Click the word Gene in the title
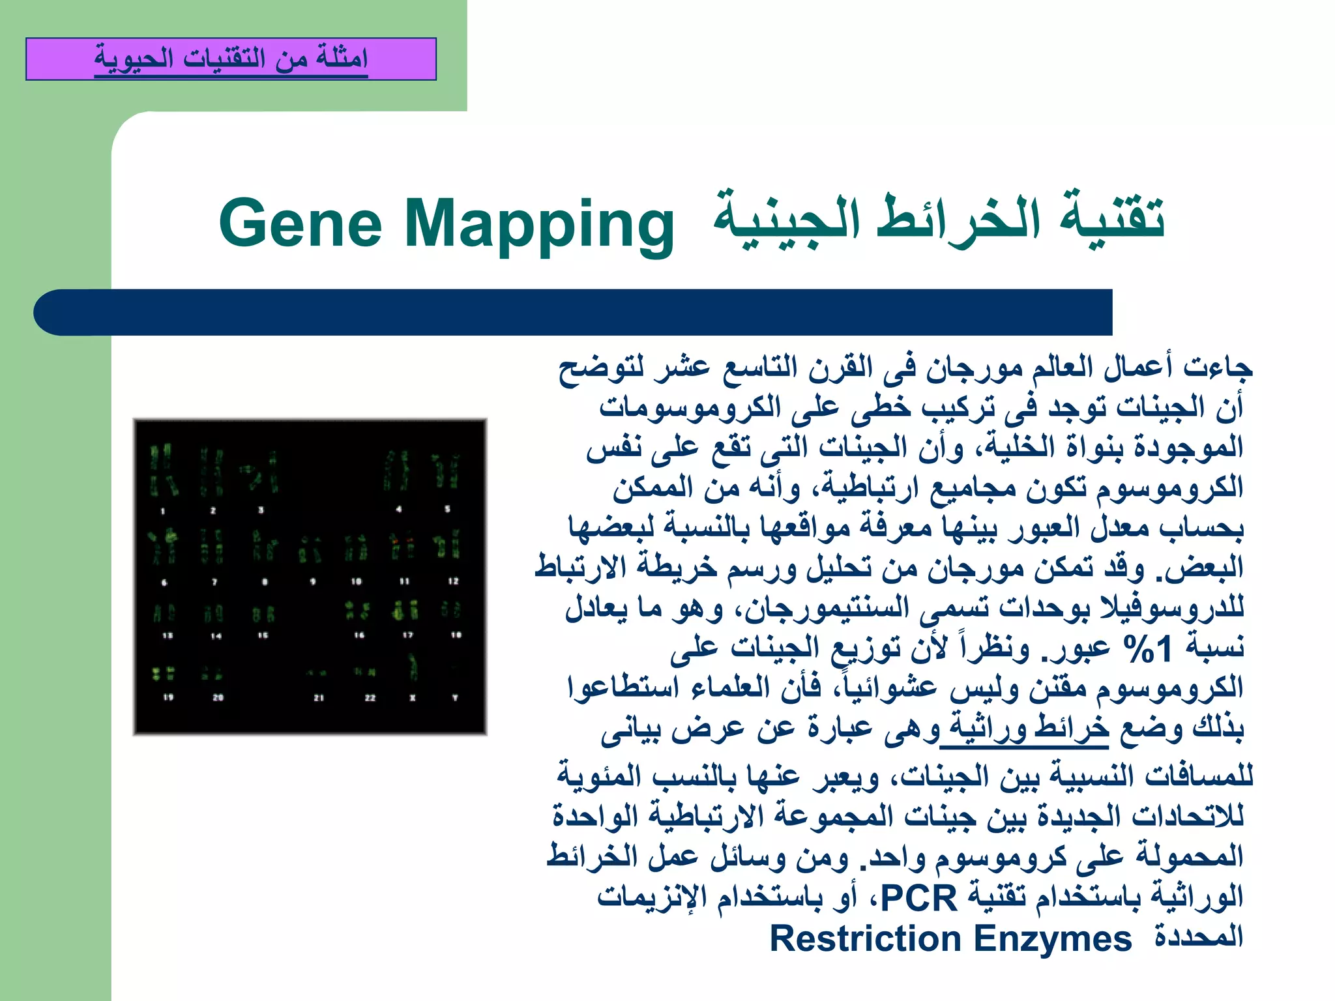point(300,224)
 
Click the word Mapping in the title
point(538,225)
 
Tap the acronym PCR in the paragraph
point(918,899)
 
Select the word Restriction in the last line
point(865,939)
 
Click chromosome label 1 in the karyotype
point(162,511)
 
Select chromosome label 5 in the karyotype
point(447,509)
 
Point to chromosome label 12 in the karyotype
point(453,581)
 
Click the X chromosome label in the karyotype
point(413,697)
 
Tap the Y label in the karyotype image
point(455,697)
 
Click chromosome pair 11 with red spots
point(403,546)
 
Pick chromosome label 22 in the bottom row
point(370,697)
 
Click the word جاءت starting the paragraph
point(1225,368)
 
